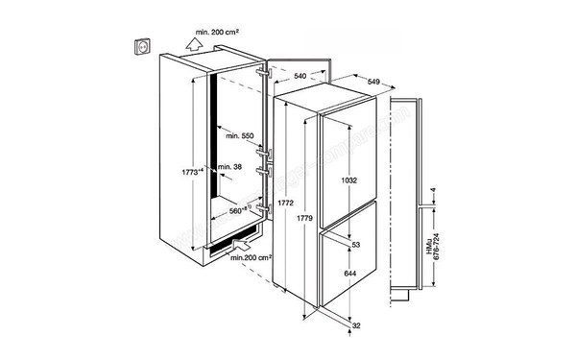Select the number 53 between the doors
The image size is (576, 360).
click(x=355, y=247)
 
